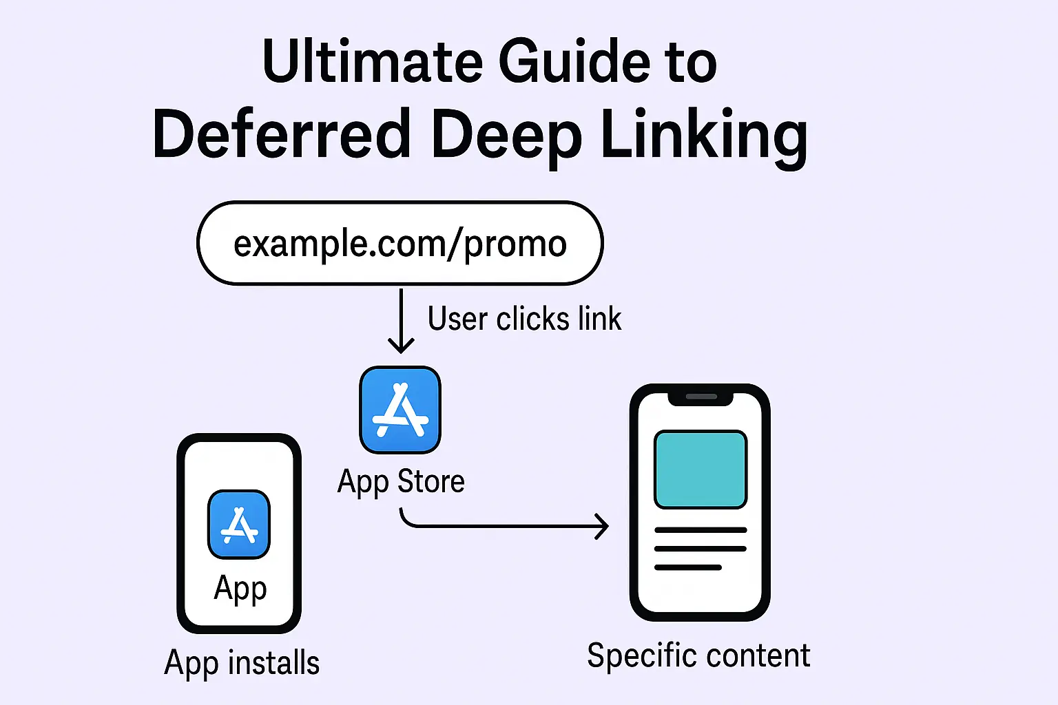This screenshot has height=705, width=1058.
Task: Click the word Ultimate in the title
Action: pos(372,62)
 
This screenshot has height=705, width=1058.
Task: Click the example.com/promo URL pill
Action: pos(400,244)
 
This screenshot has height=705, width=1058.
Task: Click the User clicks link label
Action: pos(524,319)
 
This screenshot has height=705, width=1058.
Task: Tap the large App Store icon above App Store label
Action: pos(400,410)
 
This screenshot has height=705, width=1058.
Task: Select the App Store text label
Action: pos(401,481)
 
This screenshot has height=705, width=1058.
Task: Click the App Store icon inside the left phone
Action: pos(239,525)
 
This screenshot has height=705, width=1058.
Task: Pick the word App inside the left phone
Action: pos(240,589)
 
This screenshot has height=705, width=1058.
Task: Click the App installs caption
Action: pos(242,663)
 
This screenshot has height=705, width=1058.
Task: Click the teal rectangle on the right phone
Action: pos(700,470)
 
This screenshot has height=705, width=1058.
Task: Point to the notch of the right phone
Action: pos(701,397)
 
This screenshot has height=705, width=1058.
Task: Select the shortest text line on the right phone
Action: pos(687,568)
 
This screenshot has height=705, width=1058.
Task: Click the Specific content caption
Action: pos(698,655)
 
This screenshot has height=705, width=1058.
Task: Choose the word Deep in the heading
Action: pos(506,135)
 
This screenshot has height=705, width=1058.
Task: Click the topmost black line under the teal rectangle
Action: pos(700,530)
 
